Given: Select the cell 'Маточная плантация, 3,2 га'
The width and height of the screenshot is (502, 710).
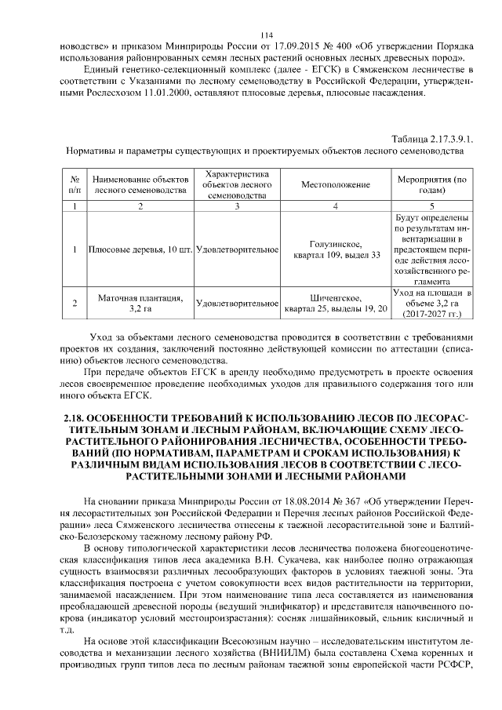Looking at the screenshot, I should pyautogui.click(x=139, y=304).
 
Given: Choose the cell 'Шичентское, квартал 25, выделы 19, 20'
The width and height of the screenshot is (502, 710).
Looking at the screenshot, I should pyautogui.click(x=335, y=304).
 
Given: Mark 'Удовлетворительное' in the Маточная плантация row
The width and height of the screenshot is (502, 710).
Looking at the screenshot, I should pyautogui.click(x=237, y=304).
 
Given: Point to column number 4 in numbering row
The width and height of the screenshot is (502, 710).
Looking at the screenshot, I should pyautogui.click(x=335, y=206).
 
